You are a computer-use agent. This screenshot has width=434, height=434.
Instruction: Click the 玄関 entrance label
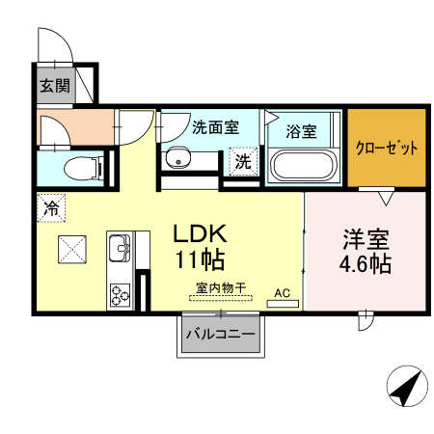coord(54,85)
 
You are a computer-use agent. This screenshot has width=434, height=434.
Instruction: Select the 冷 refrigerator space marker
coord(51,206)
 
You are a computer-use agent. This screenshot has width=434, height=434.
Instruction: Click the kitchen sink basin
coord(121,250)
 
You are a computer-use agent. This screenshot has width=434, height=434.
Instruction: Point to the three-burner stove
coord(121,293)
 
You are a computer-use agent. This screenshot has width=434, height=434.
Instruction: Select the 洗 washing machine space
coord(244,160)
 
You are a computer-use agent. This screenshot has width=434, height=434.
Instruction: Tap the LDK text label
coord(200,234)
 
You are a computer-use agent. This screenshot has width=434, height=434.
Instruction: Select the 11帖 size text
coord(200,259)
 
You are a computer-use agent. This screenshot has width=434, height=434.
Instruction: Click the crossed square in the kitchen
coord(72,250)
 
